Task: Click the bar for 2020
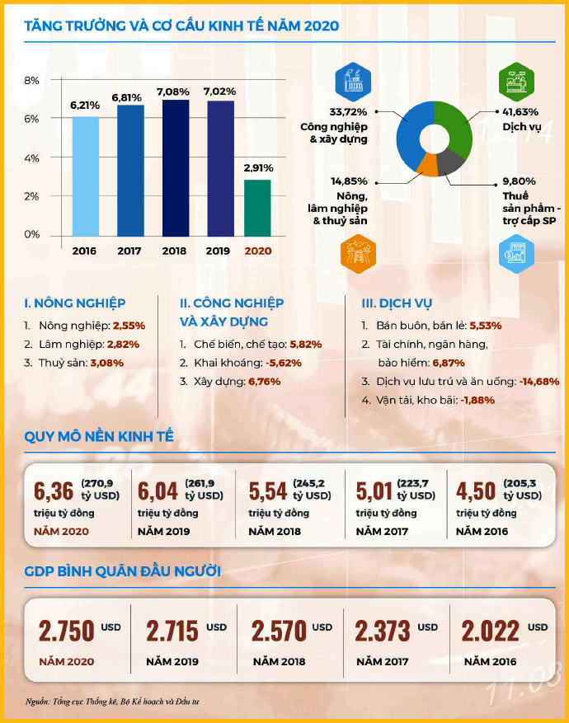point(257,207)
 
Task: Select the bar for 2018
point(175,167)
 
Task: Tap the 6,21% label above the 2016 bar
point(85,106)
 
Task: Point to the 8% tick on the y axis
point(32,81)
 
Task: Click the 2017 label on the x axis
point(129,251)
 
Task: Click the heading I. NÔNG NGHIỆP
point(75,303)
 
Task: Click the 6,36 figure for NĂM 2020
point(53,492)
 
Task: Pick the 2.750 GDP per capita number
point(66,632)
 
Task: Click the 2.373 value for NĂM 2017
point(383,632)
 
